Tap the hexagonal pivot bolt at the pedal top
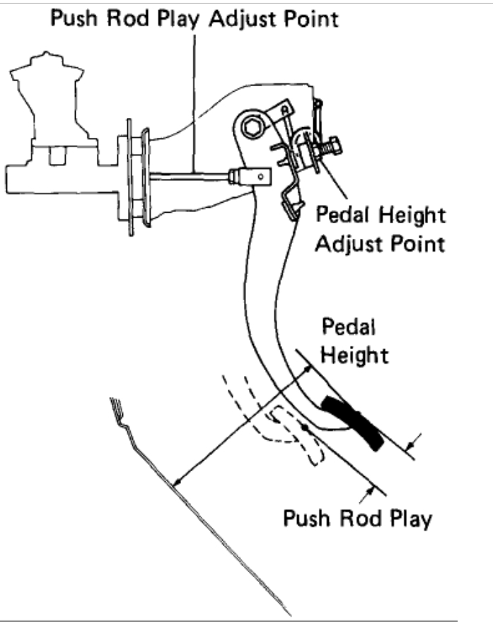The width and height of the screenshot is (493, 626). [x=251, y=128]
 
